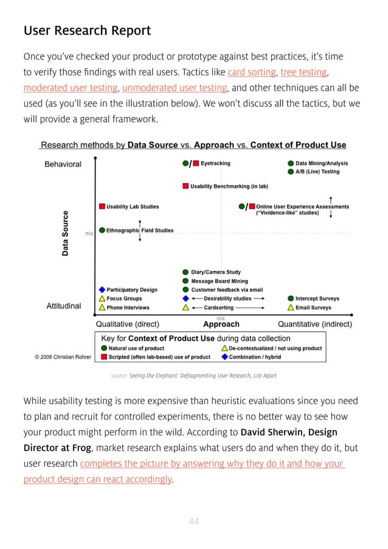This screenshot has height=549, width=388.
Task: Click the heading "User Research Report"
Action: click(x=87, y=30)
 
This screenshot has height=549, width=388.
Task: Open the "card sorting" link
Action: click(x=251, y=73)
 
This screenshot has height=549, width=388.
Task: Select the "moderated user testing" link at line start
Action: click(x=70, y=88)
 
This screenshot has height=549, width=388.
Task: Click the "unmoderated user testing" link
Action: click(x=173, y=88)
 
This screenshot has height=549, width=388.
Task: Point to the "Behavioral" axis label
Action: click(x=63, y=164)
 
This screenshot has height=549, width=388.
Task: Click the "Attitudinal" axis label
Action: click(x=63, y=306)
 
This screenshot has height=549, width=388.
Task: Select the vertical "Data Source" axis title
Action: click(x=66, y=233)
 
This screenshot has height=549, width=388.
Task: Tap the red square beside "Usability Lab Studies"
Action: click(x=102, y=207)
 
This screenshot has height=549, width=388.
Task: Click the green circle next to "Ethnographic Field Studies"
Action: click(x=102, y=231)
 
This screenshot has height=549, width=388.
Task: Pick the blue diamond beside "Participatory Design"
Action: click(x=102, y=290)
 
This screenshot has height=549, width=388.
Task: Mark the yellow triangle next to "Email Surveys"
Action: click(x=291, y=308)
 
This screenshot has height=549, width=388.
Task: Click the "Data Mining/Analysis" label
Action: click(x=322, y=163)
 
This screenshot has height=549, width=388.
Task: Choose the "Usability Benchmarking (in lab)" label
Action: click(x=229, y=186)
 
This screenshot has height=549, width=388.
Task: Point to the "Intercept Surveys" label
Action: click(x=317, y=299)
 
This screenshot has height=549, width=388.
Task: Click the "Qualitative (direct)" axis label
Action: click(x=128, y=324)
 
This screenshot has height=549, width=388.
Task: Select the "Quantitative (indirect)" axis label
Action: click(x=314, y=324)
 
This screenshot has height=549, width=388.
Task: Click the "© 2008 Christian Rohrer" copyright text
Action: click(x=63, y=357)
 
